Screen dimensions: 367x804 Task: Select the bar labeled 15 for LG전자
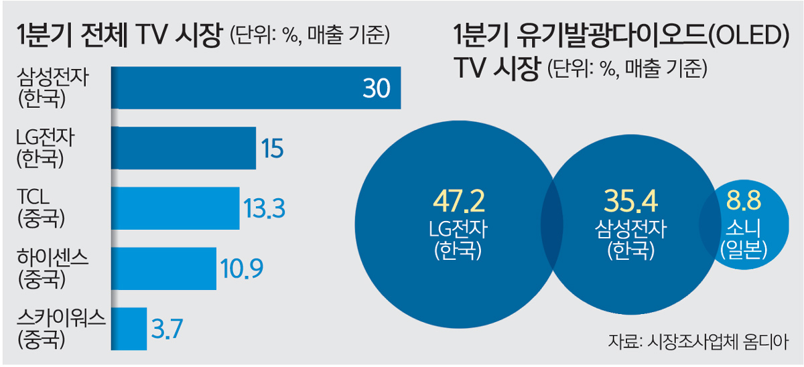pos(183,148)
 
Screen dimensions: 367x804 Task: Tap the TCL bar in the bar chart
pos(174,208)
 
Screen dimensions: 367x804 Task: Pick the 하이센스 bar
pos(163,269)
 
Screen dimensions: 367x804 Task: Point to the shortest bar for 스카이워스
pos(128,328)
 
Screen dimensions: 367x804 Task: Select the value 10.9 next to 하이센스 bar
pos(241,269)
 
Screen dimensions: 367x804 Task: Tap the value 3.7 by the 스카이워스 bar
pos(167,328)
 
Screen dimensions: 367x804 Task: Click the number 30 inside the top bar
pos(376,88)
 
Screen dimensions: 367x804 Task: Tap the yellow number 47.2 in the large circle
pos(458,201)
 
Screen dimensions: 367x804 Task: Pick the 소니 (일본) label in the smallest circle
pos(742,239)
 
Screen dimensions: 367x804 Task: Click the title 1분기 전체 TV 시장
pos(118,35)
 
